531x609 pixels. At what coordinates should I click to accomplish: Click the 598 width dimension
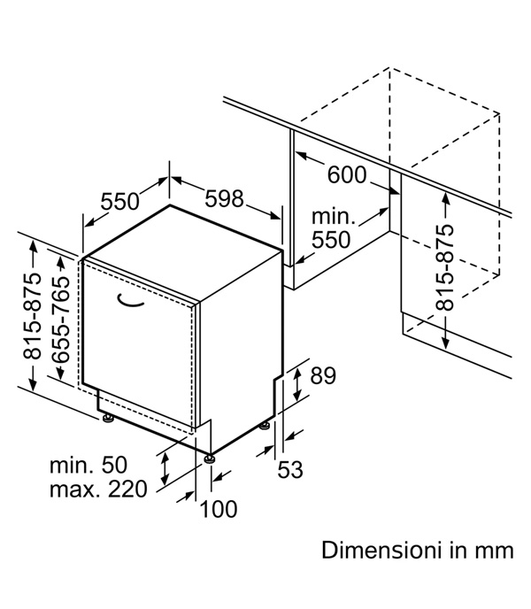click(224, 198)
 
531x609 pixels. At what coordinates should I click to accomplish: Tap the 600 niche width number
click(347, 174)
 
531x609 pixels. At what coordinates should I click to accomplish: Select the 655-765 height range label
click(61, 320)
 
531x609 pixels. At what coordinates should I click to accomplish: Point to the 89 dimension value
click(323, 375)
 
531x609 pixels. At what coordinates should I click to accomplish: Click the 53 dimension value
click(289, 469)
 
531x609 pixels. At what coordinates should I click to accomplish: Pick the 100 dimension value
click(219, 509)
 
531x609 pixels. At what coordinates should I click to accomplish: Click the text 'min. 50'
click(88, 465)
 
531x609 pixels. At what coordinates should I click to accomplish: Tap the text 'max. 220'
click(98, 489)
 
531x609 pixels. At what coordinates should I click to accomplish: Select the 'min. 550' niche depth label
click(333, 228)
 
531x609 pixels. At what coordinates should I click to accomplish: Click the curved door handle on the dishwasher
click(129, 302)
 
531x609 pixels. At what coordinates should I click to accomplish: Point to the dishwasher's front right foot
click(210, 459)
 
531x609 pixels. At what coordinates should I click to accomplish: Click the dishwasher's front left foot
click(107, 418)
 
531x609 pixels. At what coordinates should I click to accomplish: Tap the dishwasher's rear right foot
click(265, 426)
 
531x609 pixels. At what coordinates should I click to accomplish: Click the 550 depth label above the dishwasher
click(119, 202)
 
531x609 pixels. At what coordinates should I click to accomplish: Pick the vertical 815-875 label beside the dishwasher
click(32, 316)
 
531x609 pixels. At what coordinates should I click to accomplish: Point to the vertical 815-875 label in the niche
click(444, 267)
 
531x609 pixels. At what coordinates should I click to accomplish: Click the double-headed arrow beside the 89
click(297, 384)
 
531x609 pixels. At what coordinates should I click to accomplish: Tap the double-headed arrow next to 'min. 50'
click(165, 467)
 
